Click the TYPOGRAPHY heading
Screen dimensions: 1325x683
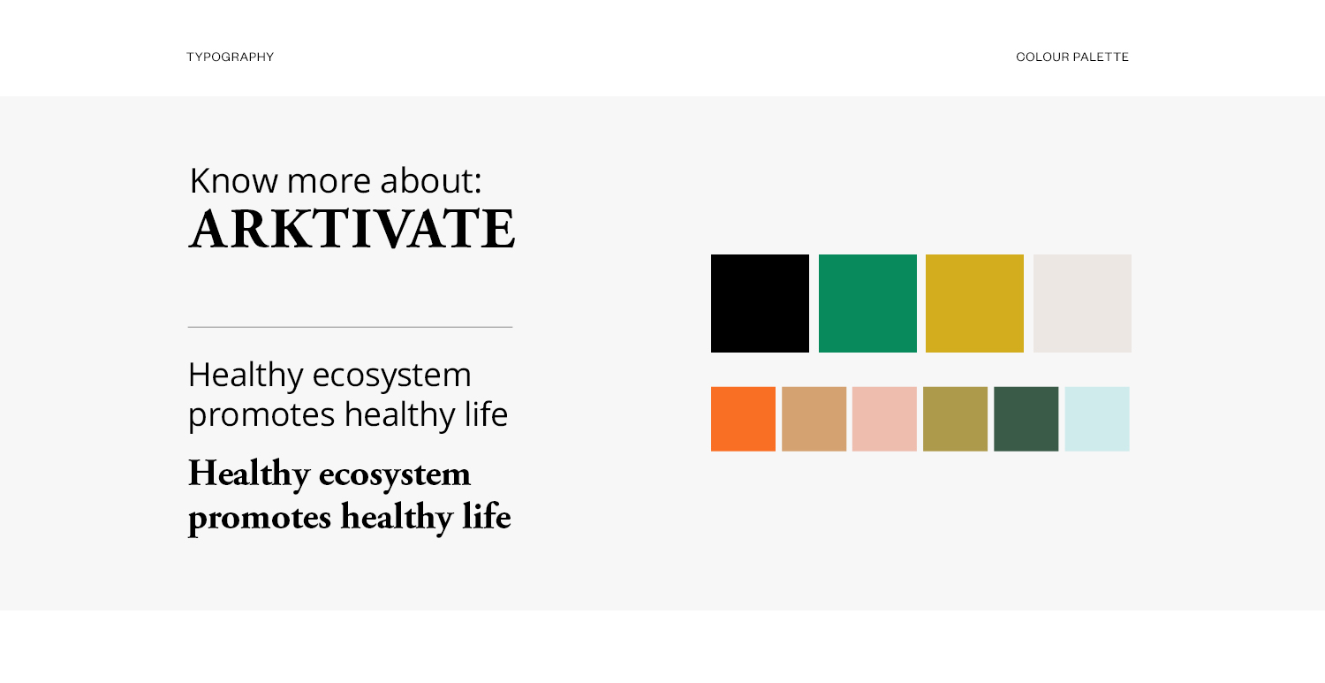tap(230, 57)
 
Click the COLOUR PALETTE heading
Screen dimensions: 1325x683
tap(1071, 57)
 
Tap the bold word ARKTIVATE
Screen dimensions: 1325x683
tap(352, 229)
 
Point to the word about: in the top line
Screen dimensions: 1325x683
tap(431, 180)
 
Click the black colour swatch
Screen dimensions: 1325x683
tap(760, 304)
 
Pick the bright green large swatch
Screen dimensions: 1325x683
tap(867, 304)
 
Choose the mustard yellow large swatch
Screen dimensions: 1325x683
tap(975, 304)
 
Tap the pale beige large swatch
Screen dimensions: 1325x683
tap(1082, 304)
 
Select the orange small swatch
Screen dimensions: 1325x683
tap(743, 419)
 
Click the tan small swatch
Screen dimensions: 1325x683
tap(814, 419)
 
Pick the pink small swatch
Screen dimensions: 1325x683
tap(884, 419)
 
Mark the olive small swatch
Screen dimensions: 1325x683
tap(955, 419)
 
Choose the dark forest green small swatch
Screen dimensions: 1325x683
tap(1026, 419)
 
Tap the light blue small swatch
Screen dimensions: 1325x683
tap(1097, 419)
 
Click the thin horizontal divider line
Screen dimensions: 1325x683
tap(350, 327)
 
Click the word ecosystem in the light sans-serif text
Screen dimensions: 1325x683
tap(391, 376)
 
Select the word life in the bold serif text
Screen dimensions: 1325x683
tap(486, 516)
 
